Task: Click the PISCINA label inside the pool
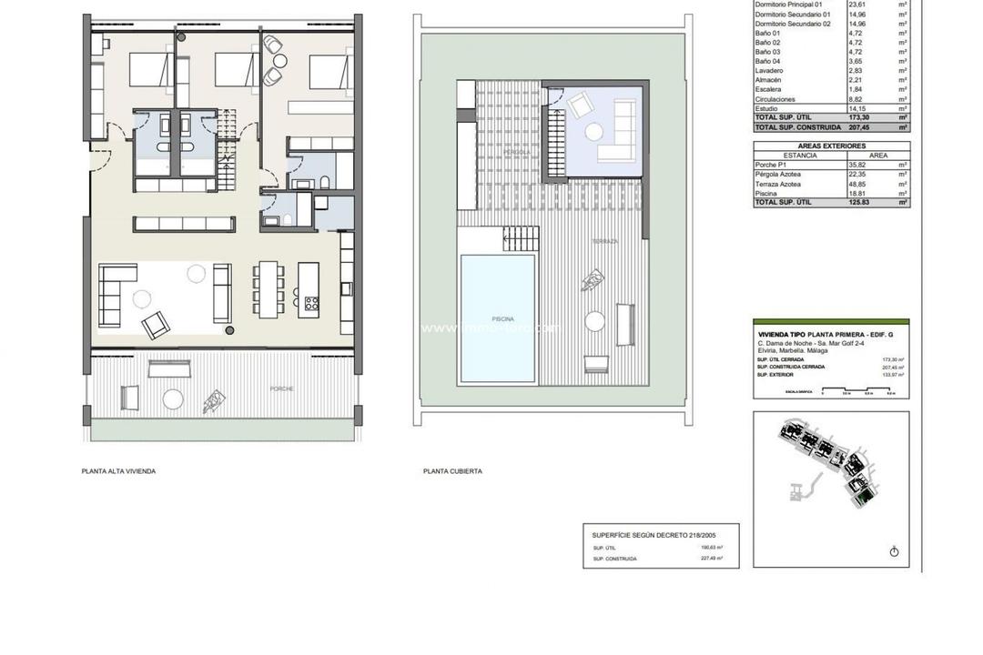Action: point(502,319)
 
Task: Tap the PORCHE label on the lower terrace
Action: point(281,388)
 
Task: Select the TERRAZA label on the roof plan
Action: point(604,241)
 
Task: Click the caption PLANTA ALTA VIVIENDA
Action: point(118,471)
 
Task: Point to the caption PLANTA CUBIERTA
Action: point(452,471)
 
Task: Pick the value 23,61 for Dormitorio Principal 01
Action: point(834,5)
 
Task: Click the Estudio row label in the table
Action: point(766,109)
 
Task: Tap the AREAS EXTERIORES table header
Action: point(831,146)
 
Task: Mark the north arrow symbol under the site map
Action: point(894,551)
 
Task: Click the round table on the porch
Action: point(173,398)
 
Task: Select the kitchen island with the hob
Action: point(309,288)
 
